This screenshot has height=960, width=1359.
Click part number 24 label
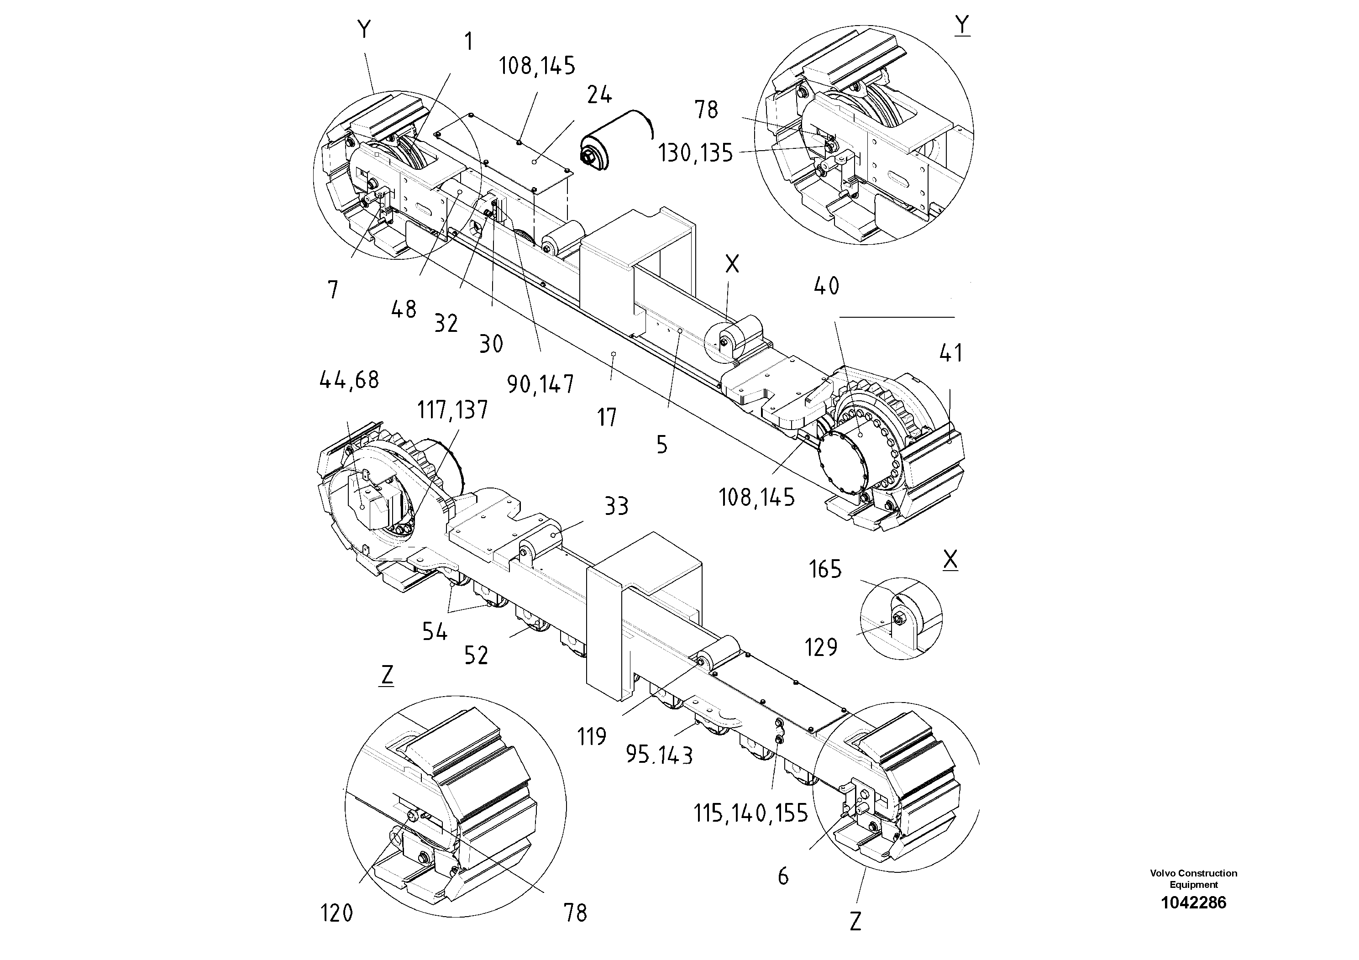click(x=599, y=94)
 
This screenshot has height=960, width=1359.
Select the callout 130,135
click(x=696, y=154)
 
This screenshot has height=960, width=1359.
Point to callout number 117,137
click(x=452, y=409)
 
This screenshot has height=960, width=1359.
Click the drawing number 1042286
click(x=1193, y=903)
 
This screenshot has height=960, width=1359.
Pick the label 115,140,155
click(x=750, y=814)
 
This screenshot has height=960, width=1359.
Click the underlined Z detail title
click(x=387, y=675)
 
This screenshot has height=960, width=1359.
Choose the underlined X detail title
click(x=950, y=559)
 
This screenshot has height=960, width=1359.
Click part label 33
click(x=616, y=507)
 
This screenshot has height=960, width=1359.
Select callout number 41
click(x=950, y=353)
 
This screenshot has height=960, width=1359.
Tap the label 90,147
click(x=540, y=385)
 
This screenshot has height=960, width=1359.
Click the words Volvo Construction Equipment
click(x=1193, y=879)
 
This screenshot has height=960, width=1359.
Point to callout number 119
click(x=592, y=737)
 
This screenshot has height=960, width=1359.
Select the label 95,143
click(x=659, y=755)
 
